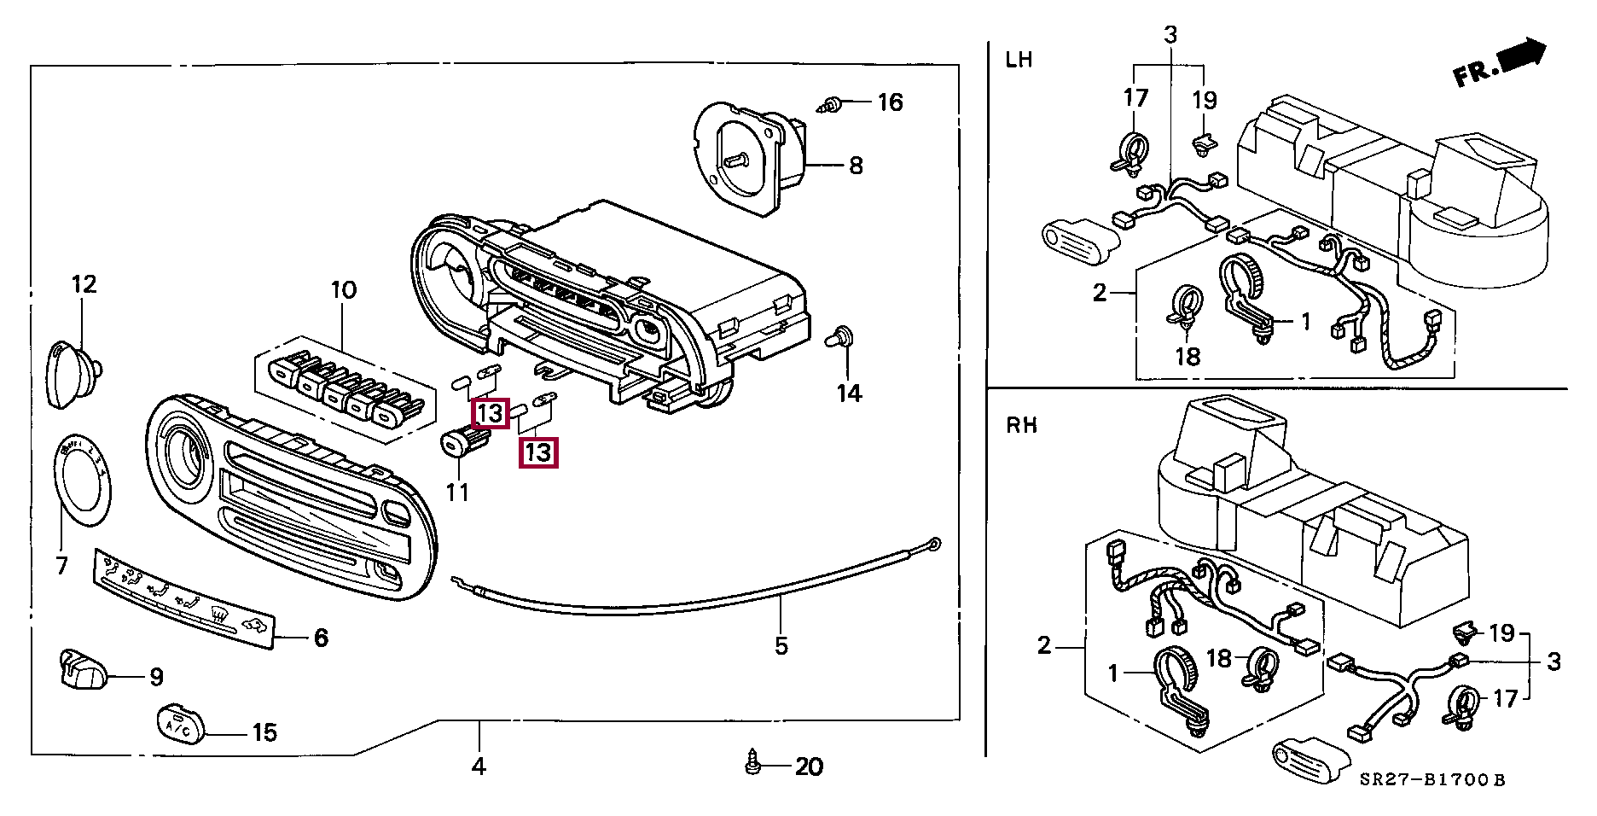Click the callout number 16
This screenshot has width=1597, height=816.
(x=890, y=102)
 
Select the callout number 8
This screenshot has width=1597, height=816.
(x=856, y=165)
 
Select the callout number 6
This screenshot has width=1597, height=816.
(x=321, y=638)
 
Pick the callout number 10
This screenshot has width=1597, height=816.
(x=343, y=290)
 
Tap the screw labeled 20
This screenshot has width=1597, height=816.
(x=752, y=763)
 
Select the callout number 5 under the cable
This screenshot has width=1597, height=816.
(x=781, y=646)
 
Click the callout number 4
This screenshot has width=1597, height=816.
(x=479, y=766)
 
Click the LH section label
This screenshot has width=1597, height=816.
(x=1019, y=60)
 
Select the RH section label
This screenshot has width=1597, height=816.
(x=1021, y=425)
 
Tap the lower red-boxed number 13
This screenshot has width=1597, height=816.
(x=538, y=452)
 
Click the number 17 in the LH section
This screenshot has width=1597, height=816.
(x=1135, y=98)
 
